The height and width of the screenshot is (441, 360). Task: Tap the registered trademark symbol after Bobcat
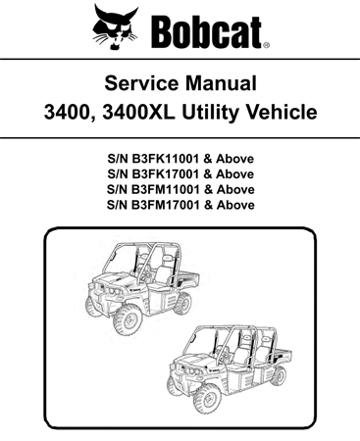pos(267,44)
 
